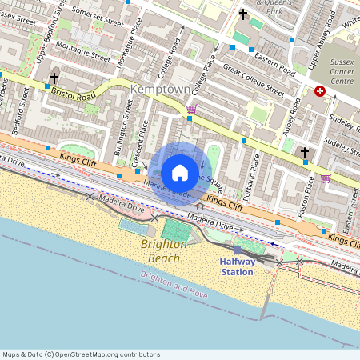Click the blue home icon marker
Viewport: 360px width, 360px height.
[180, 173]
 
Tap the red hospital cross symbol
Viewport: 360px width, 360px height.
[321, 92]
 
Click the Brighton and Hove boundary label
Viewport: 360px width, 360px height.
[174, 286]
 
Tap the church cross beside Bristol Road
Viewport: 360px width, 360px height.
[54, 78]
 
